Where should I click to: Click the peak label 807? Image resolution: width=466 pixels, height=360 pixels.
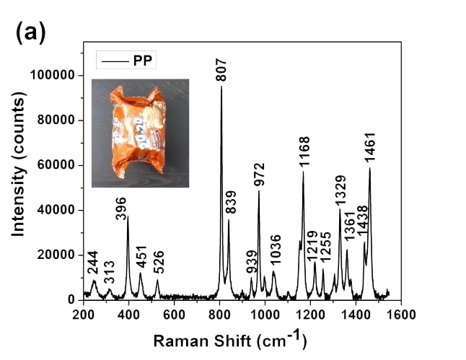click(x=221, y=70)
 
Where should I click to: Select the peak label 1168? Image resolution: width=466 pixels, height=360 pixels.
click(x=305, y=152)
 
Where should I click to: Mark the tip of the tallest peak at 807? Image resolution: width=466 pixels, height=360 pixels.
click(x=221, y=87)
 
